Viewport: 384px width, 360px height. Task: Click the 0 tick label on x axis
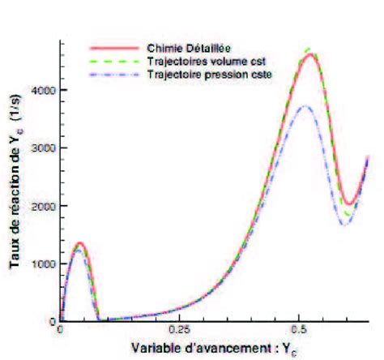click(61, 332)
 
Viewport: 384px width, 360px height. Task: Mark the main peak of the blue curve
click(302, 106)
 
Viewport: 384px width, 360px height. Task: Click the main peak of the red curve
click(309, 54)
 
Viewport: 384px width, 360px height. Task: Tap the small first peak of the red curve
click(79, 243)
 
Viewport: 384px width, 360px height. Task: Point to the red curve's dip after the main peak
click(348, 203)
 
